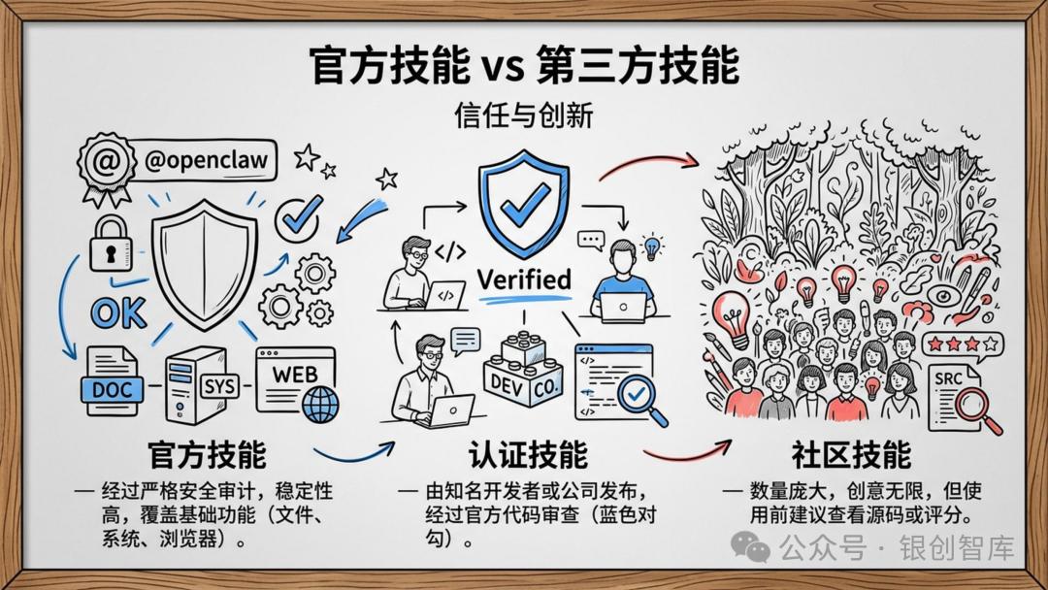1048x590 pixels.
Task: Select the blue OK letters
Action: tap(118, 312)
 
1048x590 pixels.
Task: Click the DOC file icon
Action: tap(114, 380)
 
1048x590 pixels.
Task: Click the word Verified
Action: tap(524, 279)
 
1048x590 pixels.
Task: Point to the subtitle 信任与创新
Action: tap(523, 115)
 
